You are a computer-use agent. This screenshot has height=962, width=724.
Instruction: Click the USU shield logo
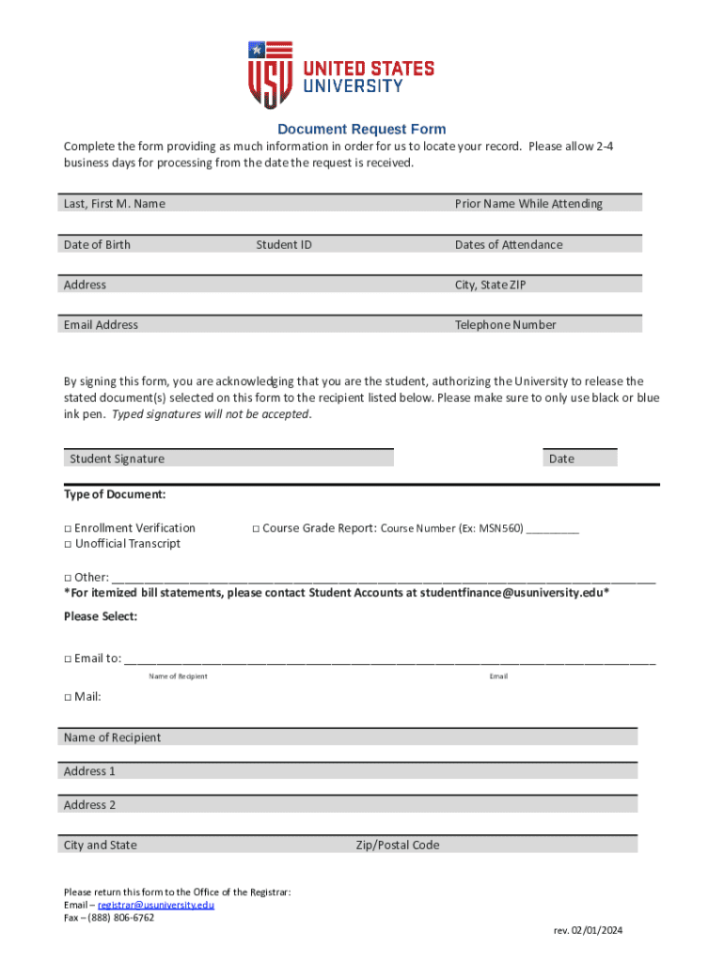[271, 74]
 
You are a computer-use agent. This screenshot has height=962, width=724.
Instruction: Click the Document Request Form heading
[361, 129]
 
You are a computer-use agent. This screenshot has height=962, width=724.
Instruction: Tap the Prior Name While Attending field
[545, 204]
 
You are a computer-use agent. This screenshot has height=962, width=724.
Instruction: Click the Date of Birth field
[150, 244]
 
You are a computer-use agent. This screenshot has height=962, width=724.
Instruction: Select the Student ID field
[348, 244]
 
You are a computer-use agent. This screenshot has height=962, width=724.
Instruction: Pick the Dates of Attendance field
[545, 244]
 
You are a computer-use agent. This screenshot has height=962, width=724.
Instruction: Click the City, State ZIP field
[545, 285]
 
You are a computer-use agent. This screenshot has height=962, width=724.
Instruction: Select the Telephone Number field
[545, 325]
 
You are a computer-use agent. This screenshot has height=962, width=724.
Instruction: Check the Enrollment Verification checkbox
[69, 529]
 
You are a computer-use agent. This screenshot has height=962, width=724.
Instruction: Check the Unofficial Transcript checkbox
[69, 545]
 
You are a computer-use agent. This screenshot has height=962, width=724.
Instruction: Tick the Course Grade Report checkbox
[256, 529]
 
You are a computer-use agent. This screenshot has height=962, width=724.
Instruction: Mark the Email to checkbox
[69, 659]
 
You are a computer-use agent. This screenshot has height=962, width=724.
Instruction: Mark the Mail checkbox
[69, 697]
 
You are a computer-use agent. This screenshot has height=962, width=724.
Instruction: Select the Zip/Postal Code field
[494, 845]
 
